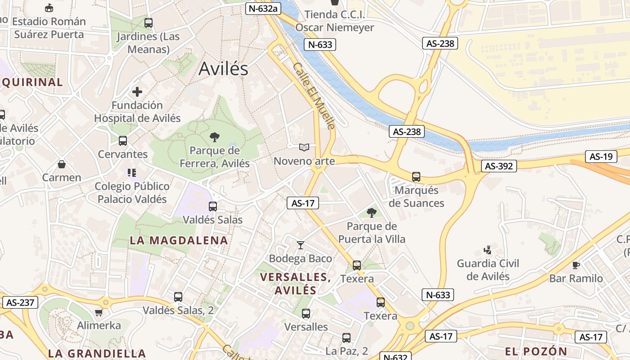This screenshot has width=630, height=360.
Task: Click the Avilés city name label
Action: [x=223, y=68]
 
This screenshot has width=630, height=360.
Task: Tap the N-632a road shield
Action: [x=263, y=8]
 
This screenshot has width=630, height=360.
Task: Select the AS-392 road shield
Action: [x=499, y=166]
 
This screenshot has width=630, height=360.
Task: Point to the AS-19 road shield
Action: [x=601, y=157]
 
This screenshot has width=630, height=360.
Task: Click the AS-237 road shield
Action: [x=20, y=302]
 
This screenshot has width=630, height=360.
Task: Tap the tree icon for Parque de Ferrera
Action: [x=215, y=137]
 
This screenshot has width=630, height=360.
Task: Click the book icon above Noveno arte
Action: [x=304, y=147]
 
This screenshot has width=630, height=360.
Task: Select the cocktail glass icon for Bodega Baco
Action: [x=301, y=245]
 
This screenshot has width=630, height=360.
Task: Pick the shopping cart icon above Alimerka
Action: [x=99, y=312]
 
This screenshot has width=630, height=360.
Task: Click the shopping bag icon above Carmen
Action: [x=62, y=164]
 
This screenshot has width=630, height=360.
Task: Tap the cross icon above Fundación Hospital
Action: [x=137, y=92]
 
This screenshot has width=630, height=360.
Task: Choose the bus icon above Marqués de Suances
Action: [x=416, y=177]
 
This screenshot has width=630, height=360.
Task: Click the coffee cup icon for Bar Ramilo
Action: [x=576, y=265]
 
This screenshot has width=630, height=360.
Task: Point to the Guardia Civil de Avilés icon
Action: [x=487, y=250]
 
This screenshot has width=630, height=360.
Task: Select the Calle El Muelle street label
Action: [x=314, y=96]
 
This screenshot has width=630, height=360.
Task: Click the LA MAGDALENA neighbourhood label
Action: [x=179, y=240]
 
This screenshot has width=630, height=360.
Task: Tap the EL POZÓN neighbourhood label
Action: [x=536, y=351]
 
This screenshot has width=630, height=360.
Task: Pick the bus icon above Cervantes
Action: [x=123, y=141]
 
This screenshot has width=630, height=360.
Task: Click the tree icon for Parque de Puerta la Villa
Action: [x=371, y=212]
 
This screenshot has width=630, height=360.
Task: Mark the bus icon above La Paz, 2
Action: [x=346, y=337]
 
